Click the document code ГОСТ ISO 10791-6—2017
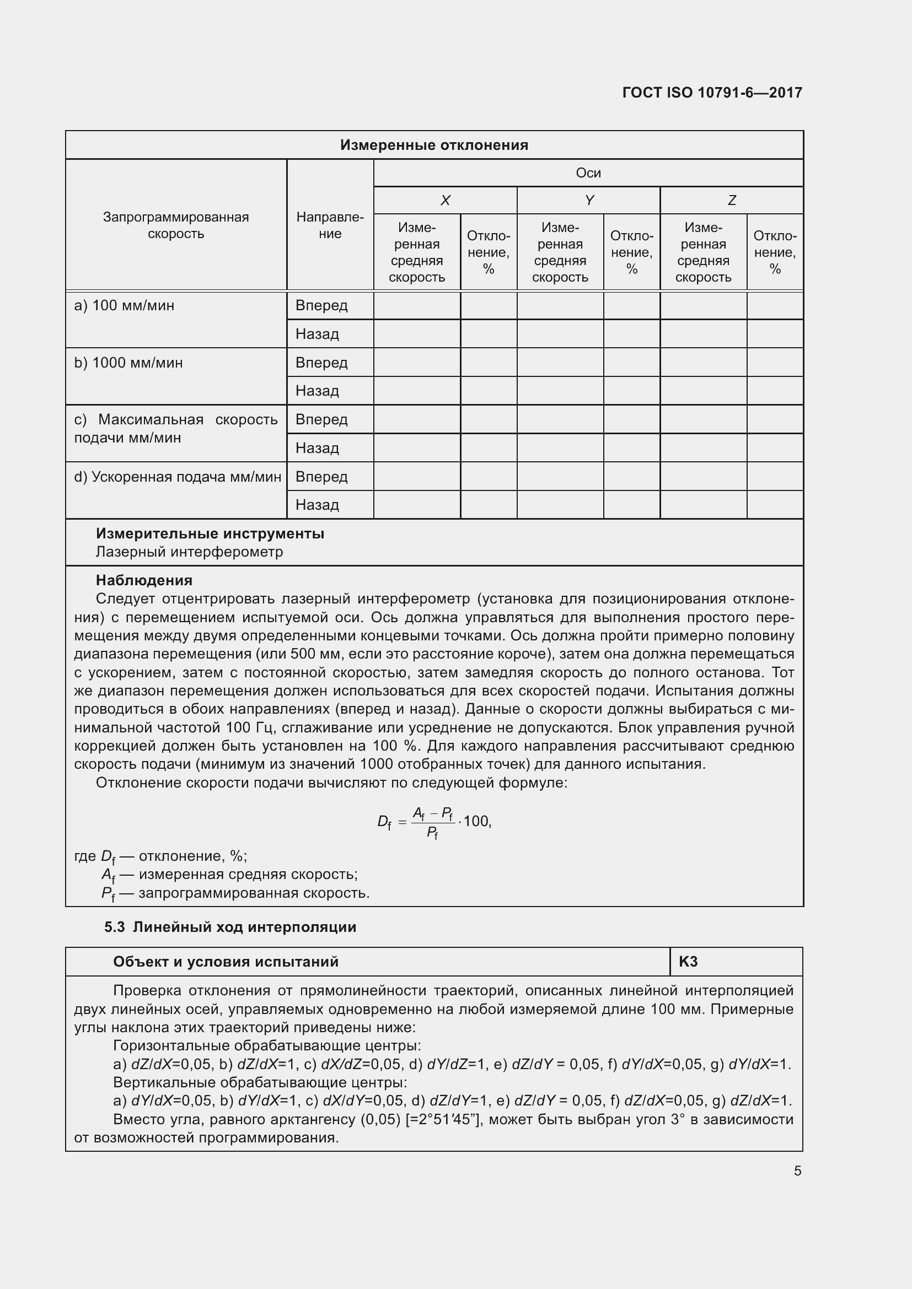712,93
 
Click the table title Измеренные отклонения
434,145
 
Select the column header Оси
588,173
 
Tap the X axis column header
445,201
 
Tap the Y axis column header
588,201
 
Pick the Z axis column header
731,201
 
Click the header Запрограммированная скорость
176,225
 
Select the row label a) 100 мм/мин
124,306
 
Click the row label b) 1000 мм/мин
128,363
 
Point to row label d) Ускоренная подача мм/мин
178,477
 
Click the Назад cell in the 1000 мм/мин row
317,391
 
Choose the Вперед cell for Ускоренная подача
321,477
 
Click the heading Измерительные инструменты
210,533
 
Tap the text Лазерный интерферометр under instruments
189,552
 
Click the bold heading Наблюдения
144,580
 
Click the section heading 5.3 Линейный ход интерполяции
230,927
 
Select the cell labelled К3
688,962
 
